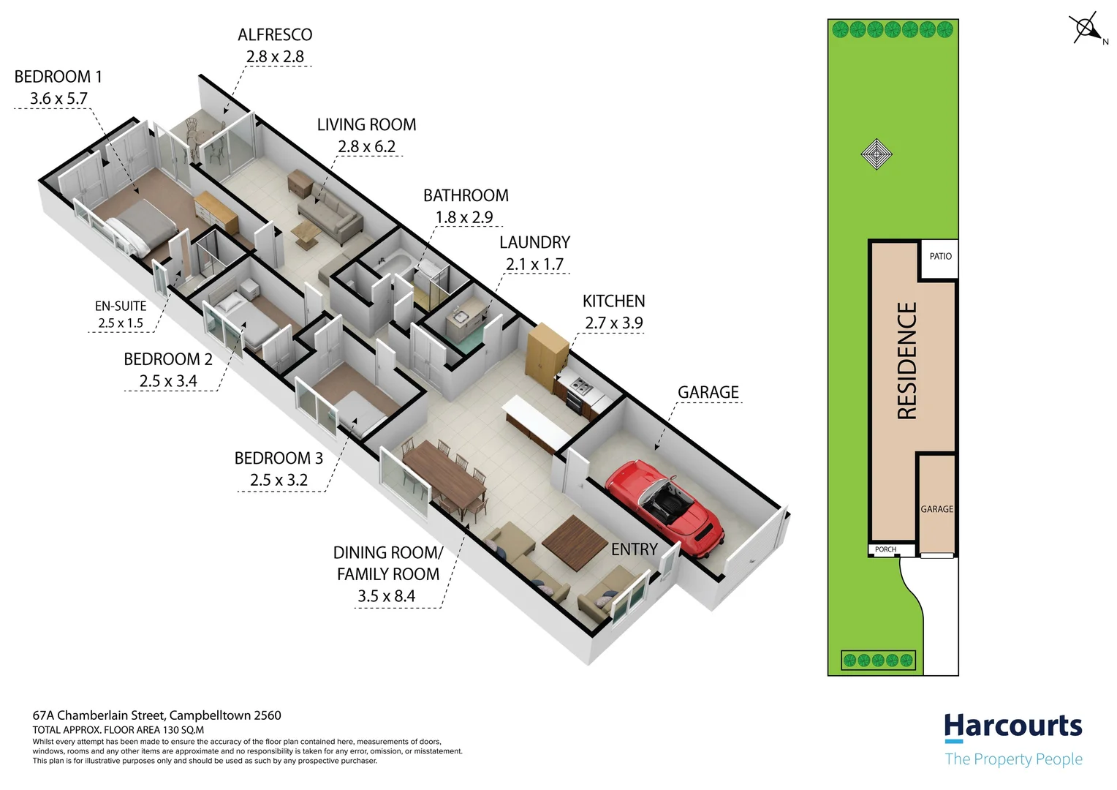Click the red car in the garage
point(664,508)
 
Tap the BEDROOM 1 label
point(58,76)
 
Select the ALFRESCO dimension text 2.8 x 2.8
point(275,56)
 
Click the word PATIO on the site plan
point(941,256)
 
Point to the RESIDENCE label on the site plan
point(907,361)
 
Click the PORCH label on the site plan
point(885,549)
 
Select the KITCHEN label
point(614,301)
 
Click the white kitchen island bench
point(537,421)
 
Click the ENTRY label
point(635,549)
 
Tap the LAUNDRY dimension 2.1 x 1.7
point(534,264)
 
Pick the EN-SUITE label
point(121,306)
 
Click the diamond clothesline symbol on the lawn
point(876,154)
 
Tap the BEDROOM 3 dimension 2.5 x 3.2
point(279,480)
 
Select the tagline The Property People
point(1014,759)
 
